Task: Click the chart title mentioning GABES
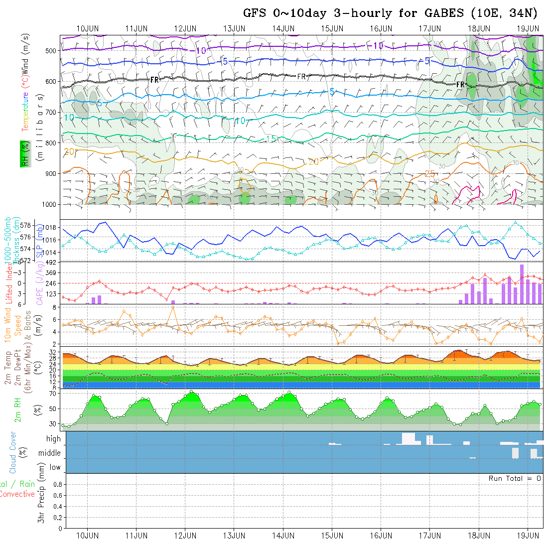pos(390,13)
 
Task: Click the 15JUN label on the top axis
pos(332,28)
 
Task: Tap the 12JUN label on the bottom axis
pos(185,536)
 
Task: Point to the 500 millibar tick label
pos(51,50)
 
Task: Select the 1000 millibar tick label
pos(49,204)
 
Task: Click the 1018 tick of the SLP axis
pos(51,227)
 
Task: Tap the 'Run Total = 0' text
pos(515,478)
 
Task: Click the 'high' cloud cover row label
pos(53,439)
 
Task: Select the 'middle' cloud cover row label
pos(50,453)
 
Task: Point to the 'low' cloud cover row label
pos(55,467)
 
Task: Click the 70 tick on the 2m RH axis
pos(52,394)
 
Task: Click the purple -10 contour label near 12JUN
pos(200,51)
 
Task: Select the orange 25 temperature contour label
pos(430,174)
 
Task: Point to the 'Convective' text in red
pos(17,494)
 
